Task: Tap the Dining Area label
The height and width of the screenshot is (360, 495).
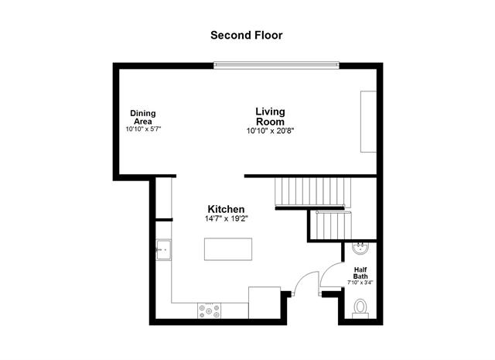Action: click(x=143, y=117)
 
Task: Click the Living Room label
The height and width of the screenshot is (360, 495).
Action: click(x=270, y=117)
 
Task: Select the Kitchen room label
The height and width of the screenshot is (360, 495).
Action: click(x=227, y=210)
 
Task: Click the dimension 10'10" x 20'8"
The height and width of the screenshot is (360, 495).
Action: click(x=270, y=131)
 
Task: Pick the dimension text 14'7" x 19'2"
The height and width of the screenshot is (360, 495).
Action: click(x=227, y=219)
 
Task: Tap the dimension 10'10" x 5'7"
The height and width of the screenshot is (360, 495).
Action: click(x=143, y=129)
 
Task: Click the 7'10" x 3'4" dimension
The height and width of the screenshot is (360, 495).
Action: click(x=361, y=283)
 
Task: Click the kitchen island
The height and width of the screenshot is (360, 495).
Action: click(x=228, y=250)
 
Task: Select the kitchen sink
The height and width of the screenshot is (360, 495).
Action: click(x=163, y=250)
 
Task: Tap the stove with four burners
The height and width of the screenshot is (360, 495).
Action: click(x=210, y=310)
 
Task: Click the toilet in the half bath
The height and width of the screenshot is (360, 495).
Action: click(x=360, y=308)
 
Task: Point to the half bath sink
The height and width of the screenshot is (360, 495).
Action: click(x=360, y=249)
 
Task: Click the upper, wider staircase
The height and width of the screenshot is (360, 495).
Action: click(x=309, y=191)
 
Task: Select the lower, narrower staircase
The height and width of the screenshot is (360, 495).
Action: click(x=329, y=225)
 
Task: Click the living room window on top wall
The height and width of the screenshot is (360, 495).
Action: click(x=277, y=65)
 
